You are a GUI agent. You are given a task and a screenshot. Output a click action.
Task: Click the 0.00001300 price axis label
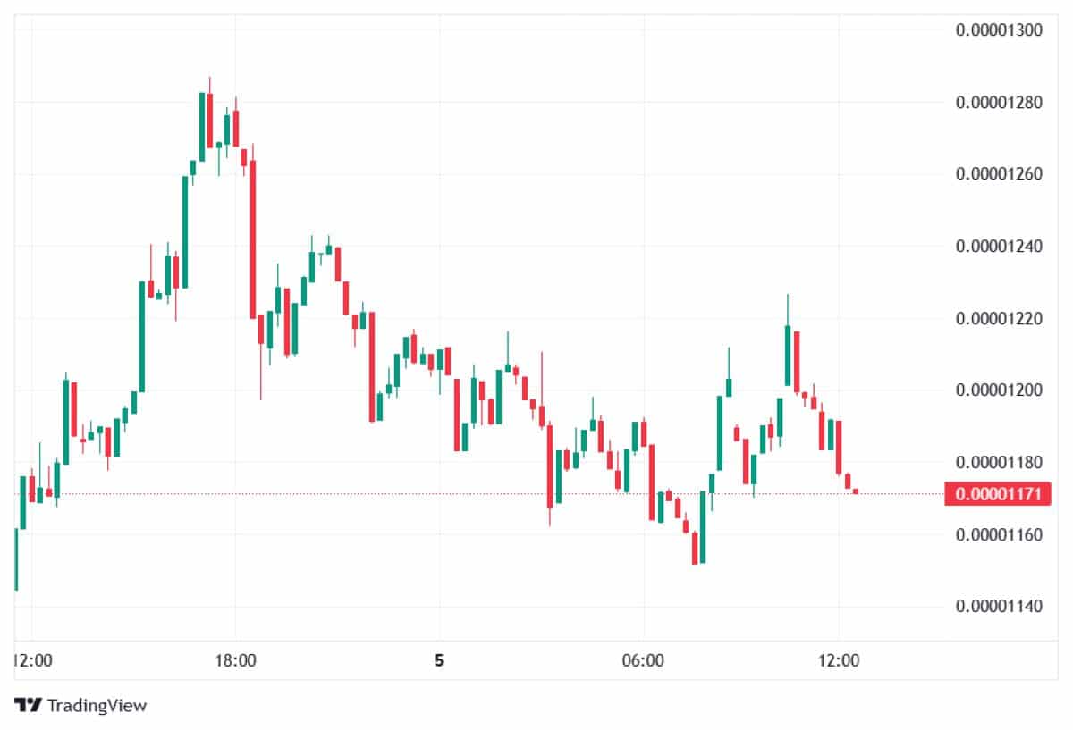tap(1000, 29)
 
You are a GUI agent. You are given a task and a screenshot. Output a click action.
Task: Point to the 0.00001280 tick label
tap(1000, 102)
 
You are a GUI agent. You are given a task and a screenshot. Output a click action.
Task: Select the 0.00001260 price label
tap(1000, 173)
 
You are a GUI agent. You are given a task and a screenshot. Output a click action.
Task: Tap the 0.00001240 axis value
tap(1000, 246)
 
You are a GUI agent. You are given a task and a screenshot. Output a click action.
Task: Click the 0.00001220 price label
tap(1000, 318)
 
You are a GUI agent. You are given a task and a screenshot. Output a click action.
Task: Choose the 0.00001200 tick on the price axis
tap(1000, 390)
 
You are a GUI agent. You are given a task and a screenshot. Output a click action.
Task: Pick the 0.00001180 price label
tap(1000, 462)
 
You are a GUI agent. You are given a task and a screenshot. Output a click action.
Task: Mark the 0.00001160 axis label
tap(1000, 534)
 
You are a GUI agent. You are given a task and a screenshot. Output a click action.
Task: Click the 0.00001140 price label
tap(1000, 607)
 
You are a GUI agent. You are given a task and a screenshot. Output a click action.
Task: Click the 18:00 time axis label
tap(236, 661)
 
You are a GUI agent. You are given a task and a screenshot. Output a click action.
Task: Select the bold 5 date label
tap(439, 661)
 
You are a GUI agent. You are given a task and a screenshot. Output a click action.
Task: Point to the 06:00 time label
tap(643, 661)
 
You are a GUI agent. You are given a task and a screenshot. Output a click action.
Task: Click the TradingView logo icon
tap(29, 705)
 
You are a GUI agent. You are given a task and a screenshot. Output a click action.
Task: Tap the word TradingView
tap(97, 705)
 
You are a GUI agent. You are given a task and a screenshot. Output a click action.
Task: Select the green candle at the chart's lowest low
tap(702, 527)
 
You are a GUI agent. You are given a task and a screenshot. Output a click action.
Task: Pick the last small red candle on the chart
tap(856, 491)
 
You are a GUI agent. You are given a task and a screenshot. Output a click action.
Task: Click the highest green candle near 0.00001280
tap(202, 126)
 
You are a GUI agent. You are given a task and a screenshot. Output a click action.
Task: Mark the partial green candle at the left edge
tap(15, 558)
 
